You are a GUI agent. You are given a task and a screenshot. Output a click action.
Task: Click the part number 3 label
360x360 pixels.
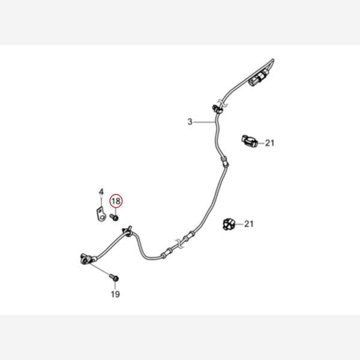tap(190, 122)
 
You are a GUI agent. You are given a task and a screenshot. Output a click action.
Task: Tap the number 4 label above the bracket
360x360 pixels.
tap(101, 192)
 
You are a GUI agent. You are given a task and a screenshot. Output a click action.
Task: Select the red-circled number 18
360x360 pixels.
tap(116, 202)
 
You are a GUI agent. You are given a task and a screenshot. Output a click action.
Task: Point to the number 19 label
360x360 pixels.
tap(115, 294)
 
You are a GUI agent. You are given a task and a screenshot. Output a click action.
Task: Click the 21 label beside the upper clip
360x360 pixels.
tap(269, 143)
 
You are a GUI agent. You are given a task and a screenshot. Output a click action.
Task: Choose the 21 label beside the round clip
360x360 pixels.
tap(248, 224)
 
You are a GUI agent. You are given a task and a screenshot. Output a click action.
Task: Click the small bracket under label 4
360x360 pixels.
tap(101, 214)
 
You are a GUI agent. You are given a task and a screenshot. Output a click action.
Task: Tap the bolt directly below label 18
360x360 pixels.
tap(114, 217)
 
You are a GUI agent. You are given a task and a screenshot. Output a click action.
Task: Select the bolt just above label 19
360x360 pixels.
tap(114, 278)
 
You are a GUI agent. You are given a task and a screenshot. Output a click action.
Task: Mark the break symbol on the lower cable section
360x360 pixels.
tap(179, 244)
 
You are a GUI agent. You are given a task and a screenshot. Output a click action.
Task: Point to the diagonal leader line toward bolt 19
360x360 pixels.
tap(100, 269)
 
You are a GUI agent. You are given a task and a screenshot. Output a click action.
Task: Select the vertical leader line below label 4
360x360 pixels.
tap(101, 202)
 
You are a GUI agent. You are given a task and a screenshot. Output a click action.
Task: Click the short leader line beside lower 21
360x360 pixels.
tap(239, 224)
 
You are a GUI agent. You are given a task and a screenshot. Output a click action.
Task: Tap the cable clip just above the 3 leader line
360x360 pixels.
tap(217, 109)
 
